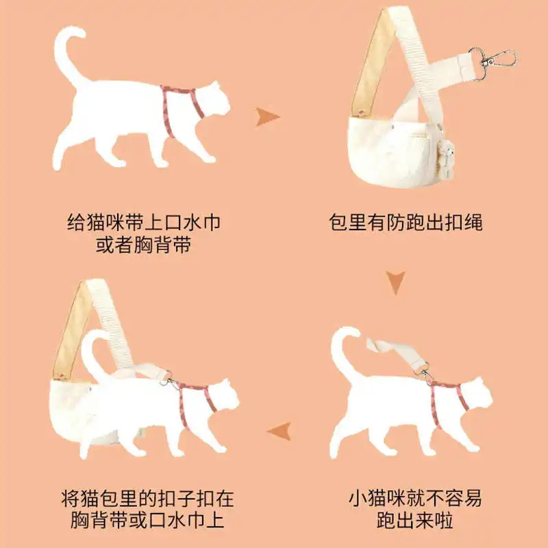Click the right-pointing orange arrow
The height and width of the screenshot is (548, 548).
point(267,116)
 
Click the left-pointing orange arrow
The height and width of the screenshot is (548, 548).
point(279,431)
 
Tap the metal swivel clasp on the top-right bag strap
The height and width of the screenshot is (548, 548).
point(493,62)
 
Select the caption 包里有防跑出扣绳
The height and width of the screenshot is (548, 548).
point(406,222)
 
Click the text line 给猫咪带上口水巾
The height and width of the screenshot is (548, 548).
point(144,222)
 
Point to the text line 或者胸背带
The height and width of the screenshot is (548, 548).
point(144,245)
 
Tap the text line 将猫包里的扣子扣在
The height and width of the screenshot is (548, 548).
point(147,499)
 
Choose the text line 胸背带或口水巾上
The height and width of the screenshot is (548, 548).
point(147,521)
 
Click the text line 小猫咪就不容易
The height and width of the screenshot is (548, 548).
point(415,499)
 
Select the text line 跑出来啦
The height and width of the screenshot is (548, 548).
point(415,521)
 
